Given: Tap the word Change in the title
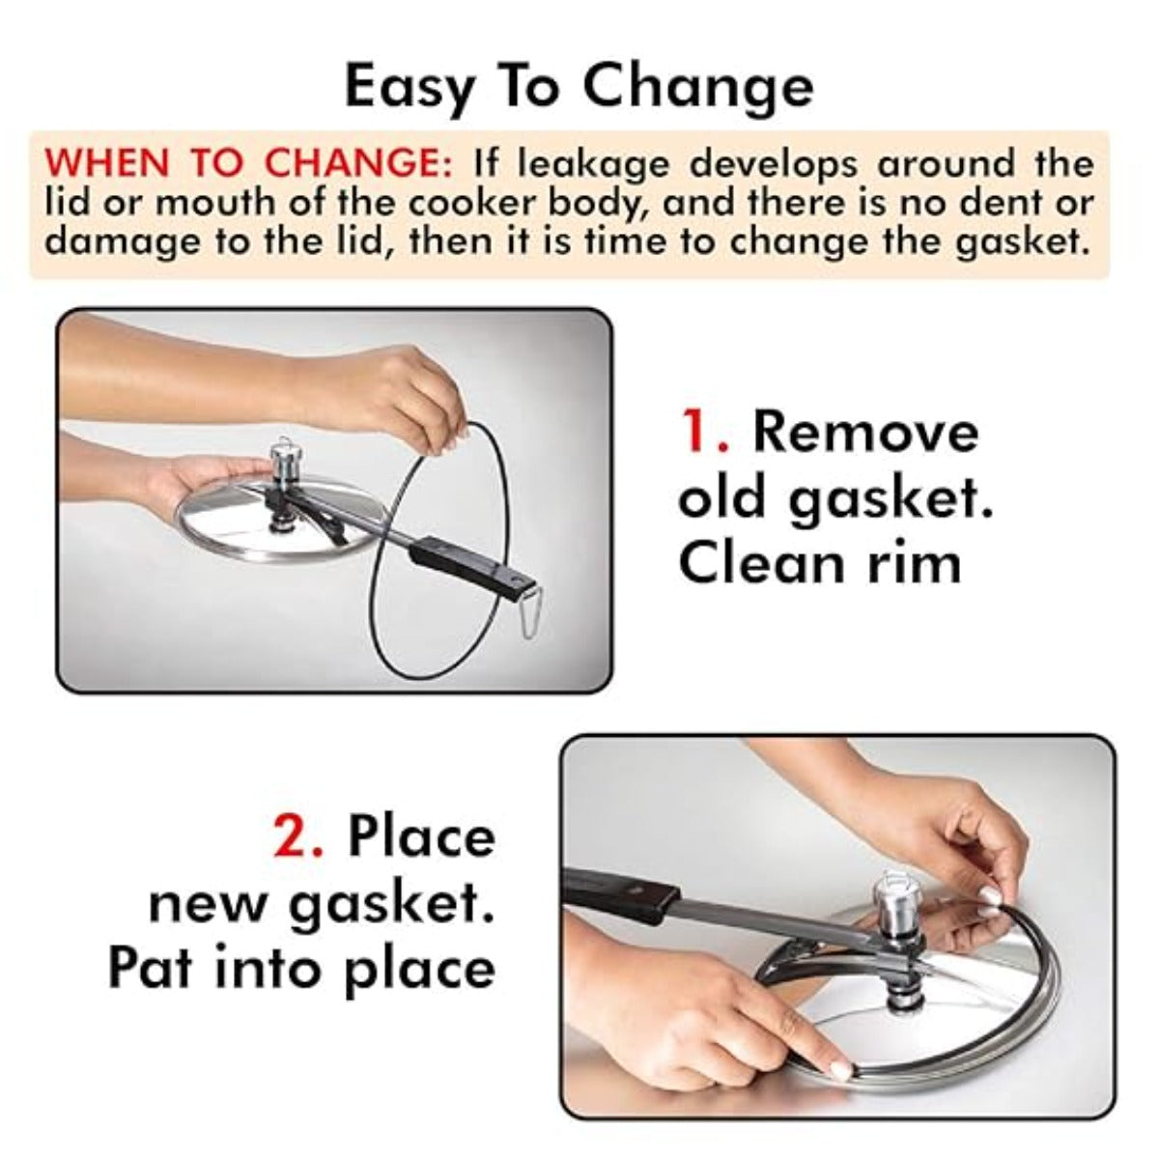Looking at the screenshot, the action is [x=697, y=89].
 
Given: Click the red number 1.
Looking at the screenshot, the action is [x=703, y=432].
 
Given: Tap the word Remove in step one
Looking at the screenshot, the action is [x=866, y=433].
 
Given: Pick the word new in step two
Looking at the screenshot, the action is [x=208, y=906].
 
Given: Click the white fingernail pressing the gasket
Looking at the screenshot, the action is [x=841, y=1069].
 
